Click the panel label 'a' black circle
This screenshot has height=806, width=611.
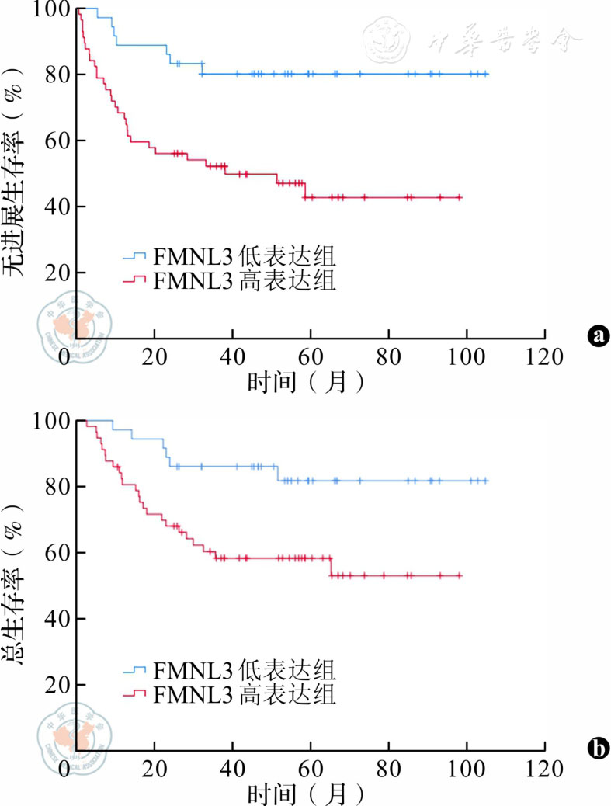[597, 335]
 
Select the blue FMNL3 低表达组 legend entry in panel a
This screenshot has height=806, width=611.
[229, 257]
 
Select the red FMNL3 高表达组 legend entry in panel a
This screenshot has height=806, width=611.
[229, 280]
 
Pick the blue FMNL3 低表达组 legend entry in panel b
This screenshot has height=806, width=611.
[229, 669]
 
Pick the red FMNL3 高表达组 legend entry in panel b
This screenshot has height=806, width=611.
[229, 693]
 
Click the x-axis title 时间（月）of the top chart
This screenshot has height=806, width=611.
[304, 383]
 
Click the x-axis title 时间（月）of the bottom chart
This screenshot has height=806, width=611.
[304, 794]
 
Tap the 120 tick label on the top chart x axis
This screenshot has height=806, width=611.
[544, 359]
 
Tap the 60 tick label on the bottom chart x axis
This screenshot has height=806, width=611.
[311, 770]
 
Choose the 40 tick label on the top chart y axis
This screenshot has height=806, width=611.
[54, 207]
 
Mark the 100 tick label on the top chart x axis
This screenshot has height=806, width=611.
[467, 359]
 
